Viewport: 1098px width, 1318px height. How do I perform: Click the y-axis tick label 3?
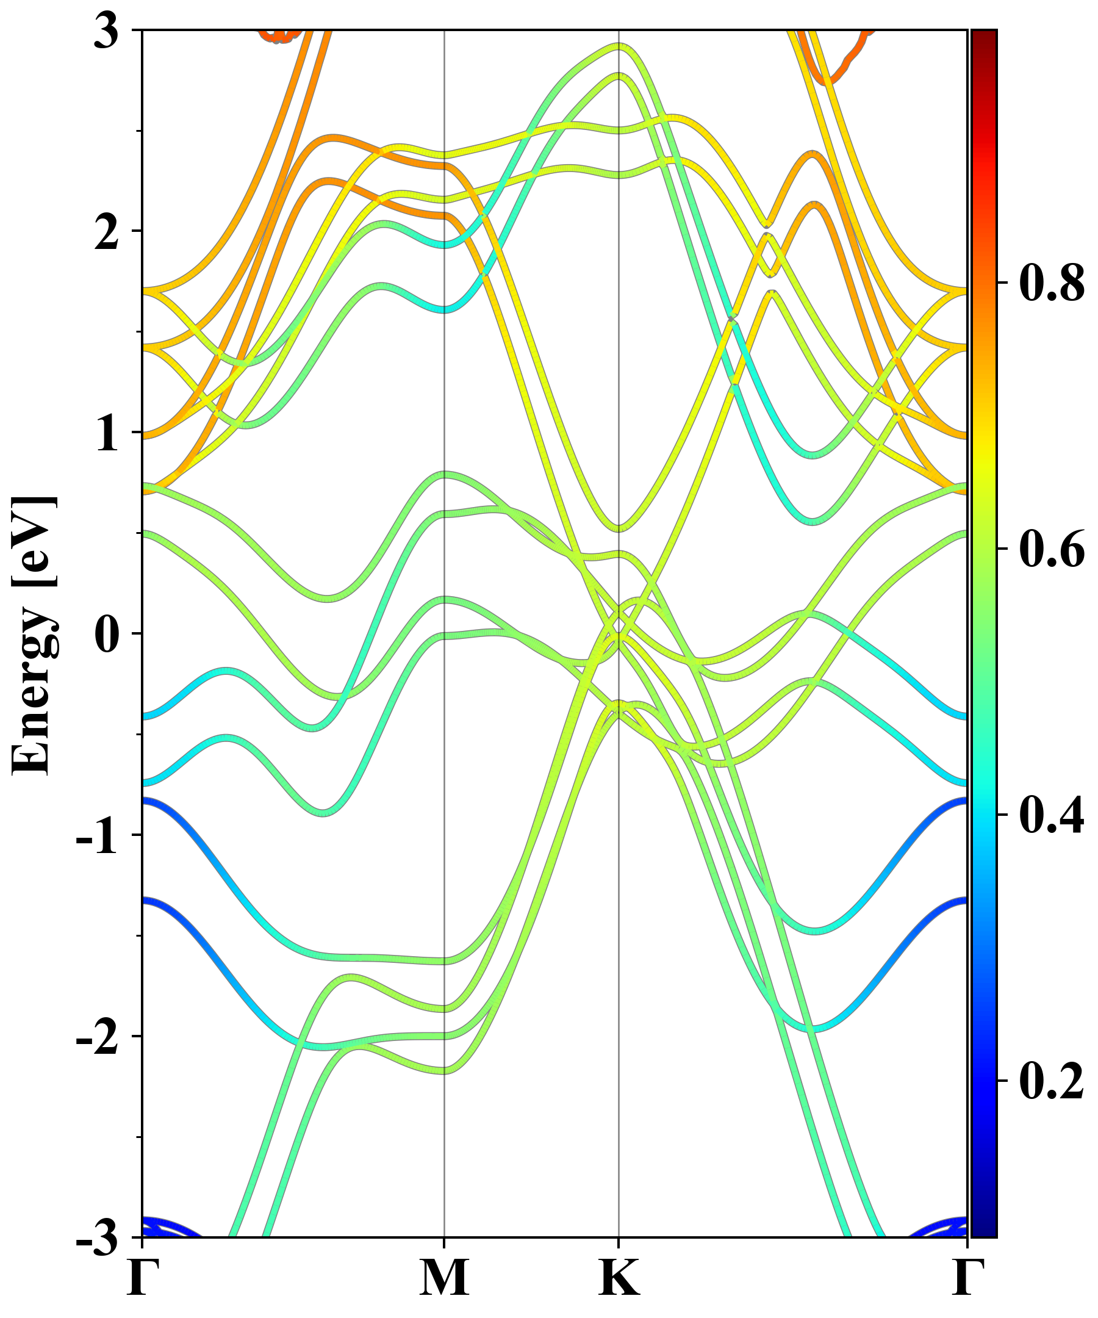[106, 31]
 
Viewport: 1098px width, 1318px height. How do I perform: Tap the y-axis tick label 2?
[106, 232]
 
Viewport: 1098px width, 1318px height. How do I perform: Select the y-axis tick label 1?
[106, 434]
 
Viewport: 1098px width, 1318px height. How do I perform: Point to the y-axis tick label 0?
[106, 635]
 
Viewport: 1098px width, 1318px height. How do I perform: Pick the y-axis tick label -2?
[97, 1037]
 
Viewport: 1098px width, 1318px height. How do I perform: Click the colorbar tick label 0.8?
[1052, 283]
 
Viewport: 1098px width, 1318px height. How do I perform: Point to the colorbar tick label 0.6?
[1052, 549]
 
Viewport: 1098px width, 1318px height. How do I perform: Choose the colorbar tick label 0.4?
[1052, 815]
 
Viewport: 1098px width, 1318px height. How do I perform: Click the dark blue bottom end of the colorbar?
[984, 1230]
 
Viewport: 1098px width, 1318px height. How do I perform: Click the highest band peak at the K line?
[619, 45]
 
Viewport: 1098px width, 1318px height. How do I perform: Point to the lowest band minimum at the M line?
[444, 1071]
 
